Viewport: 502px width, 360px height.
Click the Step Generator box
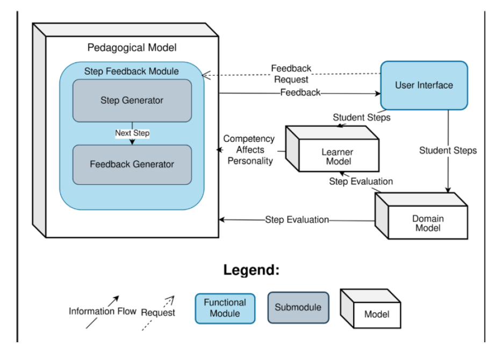tap(132, 100)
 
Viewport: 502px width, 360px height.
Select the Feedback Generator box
tap(132, 164)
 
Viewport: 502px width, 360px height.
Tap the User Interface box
tap(424, 85)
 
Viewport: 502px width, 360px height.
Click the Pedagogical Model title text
tap(132, 47)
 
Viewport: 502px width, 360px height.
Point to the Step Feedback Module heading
tap(132, 71)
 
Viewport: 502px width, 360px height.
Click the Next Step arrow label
tap(132, 133)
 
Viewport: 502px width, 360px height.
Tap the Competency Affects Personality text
tap(249, 149)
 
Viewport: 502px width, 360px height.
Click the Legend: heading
tap(252, 270)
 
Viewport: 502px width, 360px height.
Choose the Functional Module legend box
tap(225, 308)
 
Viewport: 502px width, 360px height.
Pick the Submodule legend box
tap(298, 307)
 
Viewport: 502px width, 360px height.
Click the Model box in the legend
tap(376, 314)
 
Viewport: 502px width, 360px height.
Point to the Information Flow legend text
tap(103, 311)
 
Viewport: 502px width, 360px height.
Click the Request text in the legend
tap(157, 312)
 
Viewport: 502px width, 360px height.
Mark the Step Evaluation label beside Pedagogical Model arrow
tap(297, 220)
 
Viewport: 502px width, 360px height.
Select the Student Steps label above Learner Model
tap(361, 117)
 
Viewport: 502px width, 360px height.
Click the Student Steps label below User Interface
tap(448, 150)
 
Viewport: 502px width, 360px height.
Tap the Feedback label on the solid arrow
tap(300, 92)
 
